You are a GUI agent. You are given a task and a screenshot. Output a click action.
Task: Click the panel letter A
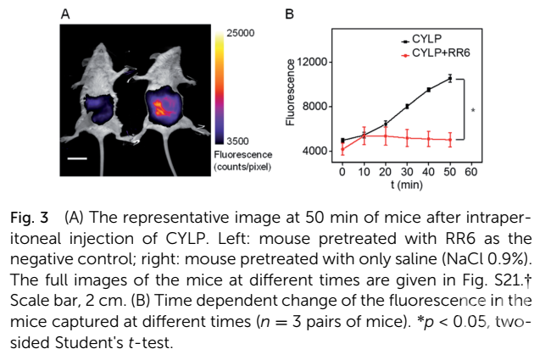[x=66, y=14]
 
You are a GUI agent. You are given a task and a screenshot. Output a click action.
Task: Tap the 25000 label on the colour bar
[x=241, y=34]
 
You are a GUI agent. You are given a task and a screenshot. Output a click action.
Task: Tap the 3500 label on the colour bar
[x=239, y=141]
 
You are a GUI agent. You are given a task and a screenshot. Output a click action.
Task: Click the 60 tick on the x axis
[x=471, y=171]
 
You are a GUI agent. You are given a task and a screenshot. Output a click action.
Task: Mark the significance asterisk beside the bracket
[x=472, y=110]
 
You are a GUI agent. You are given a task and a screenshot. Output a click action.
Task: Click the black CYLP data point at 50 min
[x=450, y=78]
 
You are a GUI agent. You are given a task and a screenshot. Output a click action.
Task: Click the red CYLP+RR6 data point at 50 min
[x=450, y=140]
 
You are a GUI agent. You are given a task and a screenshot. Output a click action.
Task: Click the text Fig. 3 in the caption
[x=28, y=218]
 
